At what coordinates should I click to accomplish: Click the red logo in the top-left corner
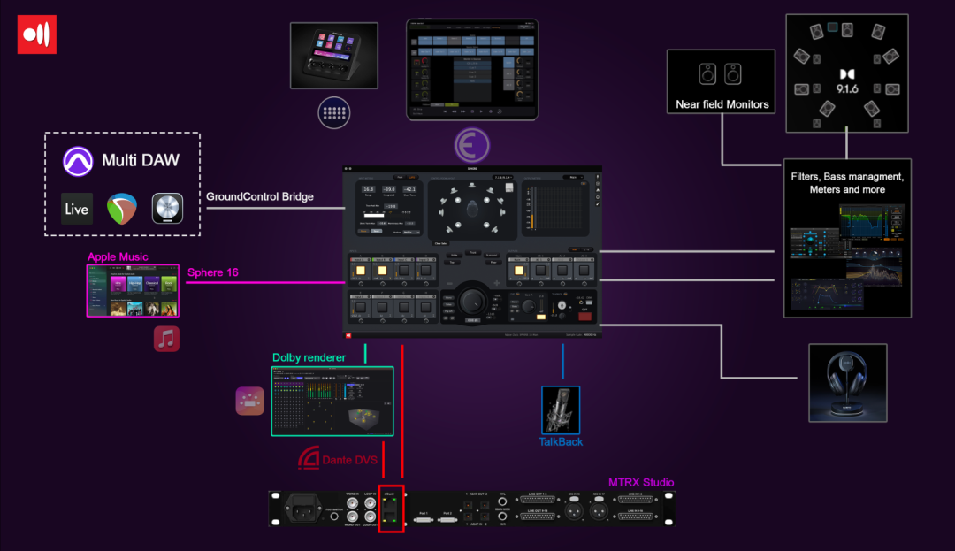click(37, 35)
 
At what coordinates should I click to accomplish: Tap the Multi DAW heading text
click(140, 160)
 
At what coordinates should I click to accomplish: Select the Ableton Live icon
click(77, 209)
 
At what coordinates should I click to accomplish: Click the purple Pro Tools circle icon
click(78, 161)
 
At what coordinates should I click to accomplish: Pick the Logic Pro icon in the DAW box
click(167, 209)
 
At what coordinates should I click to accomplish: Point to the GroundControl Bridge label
click(260, 196)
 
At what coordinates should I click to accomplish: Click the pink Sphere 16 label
click(213, 272)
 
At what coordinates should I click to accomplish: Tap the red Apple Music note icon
click(166, 339)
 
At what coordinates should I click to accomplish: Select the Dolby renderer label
click(304, 357)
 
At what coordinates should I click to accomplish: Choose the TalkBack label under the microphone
click(561, 441)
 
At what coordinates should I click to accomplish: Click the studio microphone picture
click(561, 409)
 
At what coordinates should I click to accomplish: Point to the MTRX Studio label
click(641, 482)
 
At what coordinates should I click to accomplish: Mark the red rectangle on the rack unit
click(391, 509)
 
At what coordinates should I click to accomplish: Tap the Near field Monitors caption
click(722, 104)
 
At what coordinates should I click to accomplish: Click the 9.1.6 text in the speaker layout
click(846, 88)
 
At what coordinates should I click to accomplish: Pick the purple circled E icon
click(472, 143)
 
